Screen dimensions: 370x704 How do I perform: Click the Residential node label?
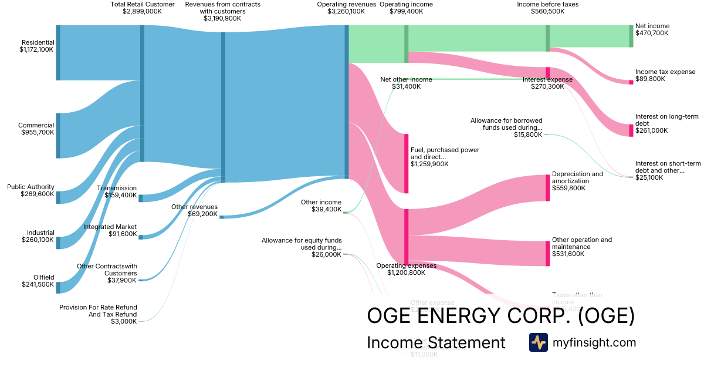38,42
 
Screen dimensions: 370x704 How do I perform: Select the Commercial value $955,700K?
36,133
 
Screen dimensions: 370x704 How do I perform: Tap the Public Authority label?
31,187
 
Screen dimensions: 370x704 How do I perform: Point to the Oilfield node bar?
58,287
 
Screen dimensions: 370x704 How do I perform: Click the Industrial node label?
40,233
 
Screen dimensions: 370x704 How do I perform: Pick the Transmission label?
117,188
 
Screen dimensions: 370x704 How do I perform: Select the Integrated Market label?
110,227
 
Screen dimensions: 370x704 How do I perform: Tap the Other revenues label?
194,207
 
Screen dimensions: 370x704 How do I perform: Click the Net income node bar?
631,36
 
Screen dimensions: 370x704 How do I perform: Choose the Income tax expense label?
665,72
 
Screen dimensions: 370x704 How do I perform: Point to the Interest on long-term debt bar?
631,130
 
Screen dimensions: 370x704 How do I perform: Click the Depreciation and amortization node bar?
548,188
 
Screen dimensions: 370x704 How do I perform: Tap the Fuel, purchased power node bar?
406,163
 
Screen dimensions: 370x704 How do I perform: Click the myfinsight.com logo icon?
538,342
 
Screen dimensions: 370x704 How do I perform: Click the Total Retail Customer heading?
143,4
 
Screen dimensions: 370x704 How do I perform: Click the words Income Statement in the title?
436,343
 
